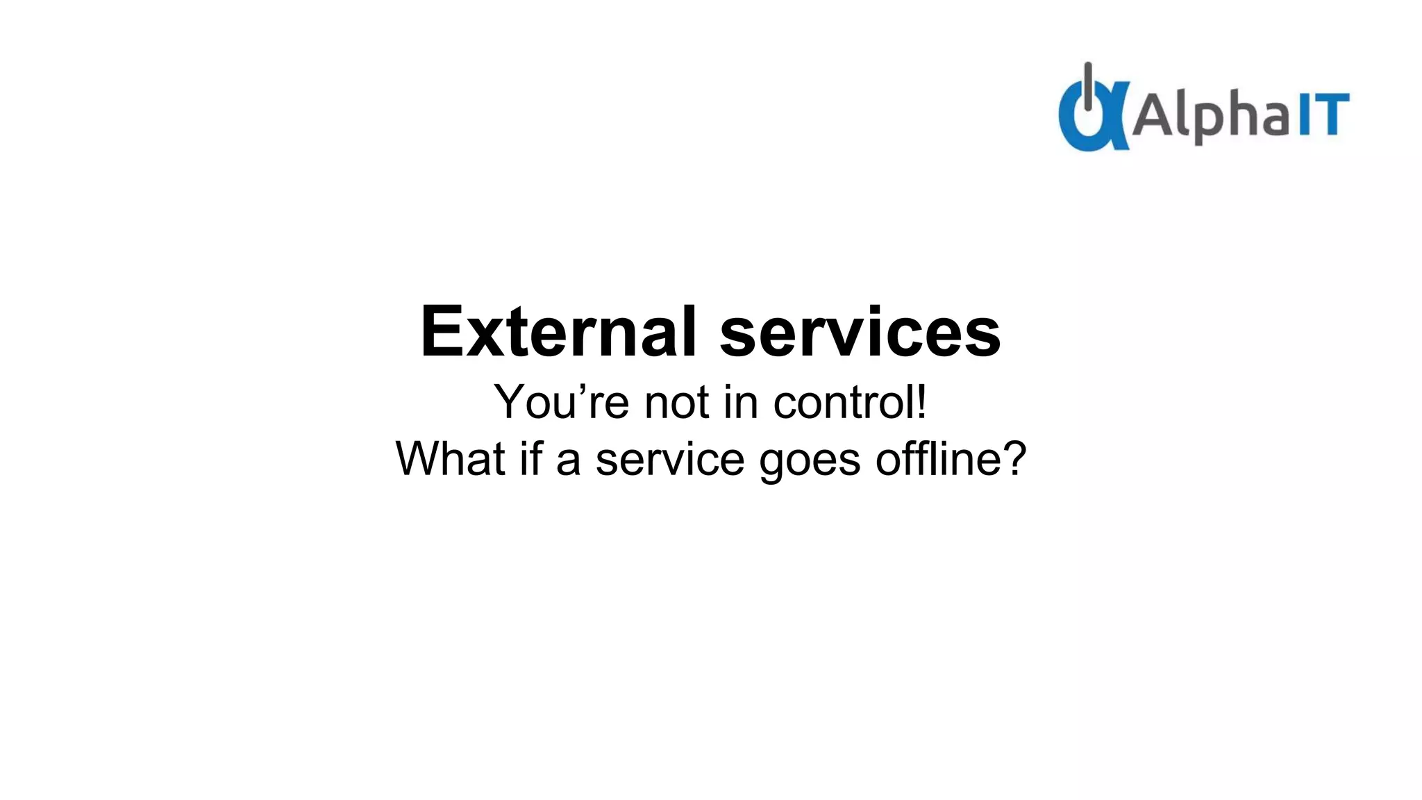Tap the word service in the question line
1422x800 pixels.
(670, 460)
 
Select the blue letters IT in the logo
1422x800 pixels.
(1323, 115)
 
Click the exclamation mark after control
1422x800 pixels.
(921, 401)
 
